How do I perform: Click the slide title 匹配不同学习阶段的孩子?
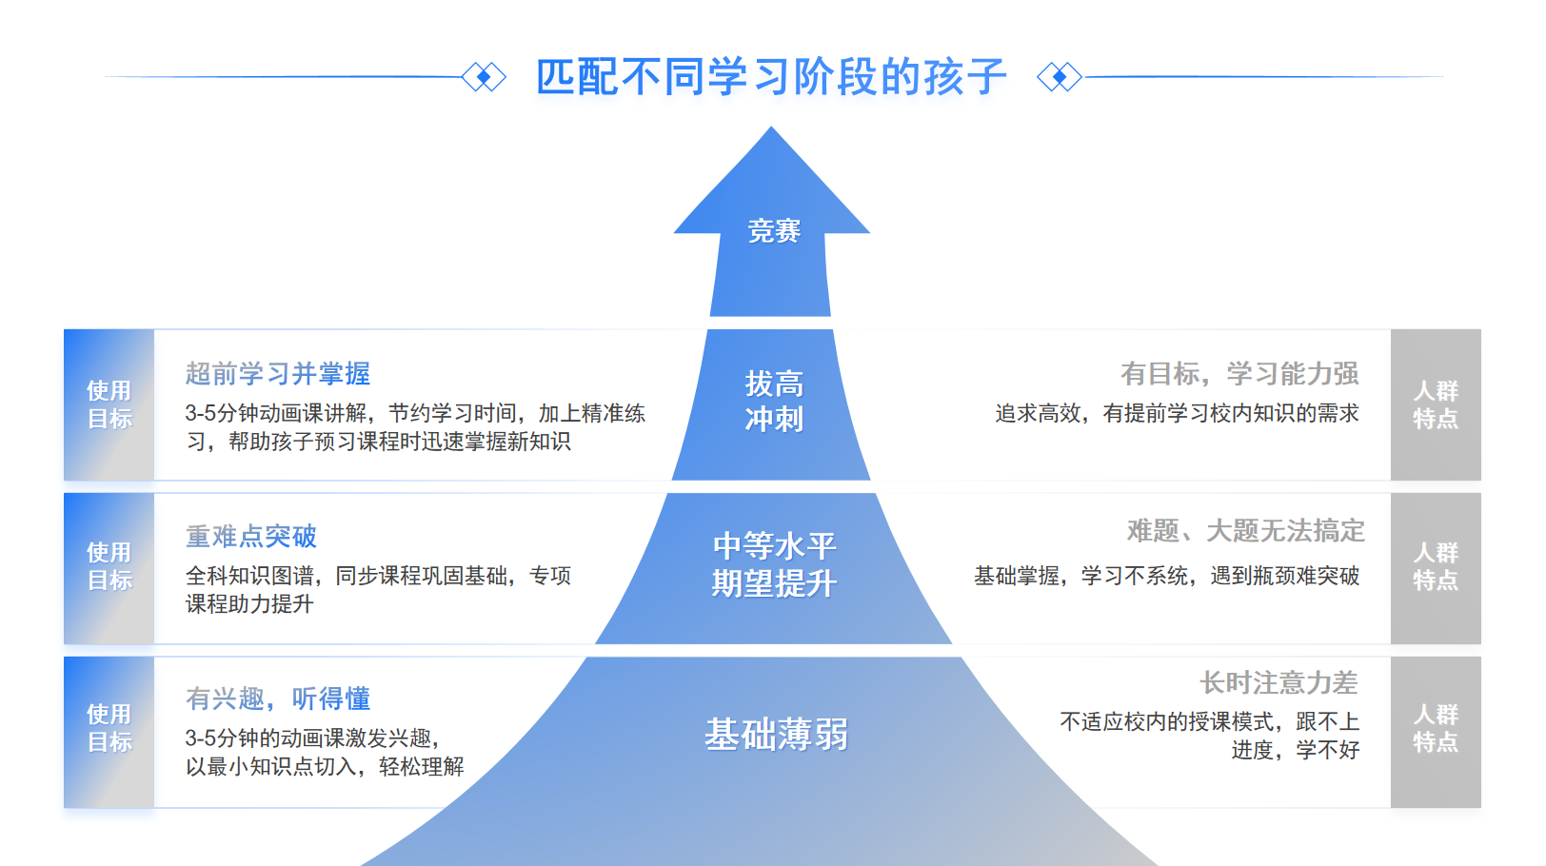[771, 77]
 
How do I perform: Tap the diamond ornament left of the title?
[484, 77]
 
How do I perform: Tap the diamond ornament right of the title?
[1060, 77]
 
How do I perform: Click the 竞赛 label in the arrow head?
[773, 231]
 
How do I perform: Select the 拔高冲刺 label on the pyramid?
[773, 402]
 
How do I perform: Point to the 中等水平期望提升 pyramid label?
[773, 564]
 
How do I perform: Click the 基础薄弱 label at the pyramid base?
[776, 735]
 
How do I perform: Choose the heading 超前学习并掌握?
[278, 374]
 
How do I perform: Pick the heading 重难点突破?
[251, 537]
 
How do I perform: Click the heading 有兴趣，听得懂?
[278, 699]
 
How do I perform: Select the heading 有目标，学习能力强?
[1239, 374]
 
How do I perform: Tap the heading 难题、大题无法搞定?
[1246, 531]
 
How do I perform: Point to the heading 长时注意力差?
[1278, 683]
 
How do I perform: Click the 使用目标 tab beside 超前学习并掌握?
[109, 405]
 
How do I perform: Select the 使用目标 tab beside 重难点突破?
[109, 567]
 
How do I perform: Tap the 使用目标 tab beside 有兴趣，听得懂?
[109, 729]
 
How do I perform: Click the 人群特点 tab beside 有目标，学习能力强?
[1436, 405]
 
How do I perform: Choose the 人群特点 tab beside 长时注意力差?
[1436, 729]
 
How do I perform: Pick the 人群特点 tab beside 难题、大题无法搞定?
[1436, 567]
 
